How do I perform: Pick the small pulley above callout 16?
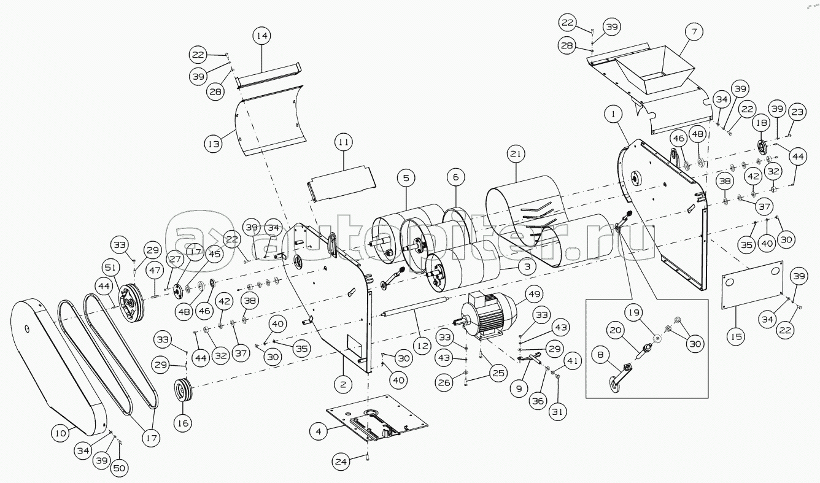[182, 390]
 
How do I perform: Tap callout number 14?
[262, 36]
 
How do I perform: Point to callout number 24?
[342, 460]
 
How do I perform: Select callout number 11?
[343, 142]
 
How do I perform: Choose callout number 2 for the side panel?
[343, 385]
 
